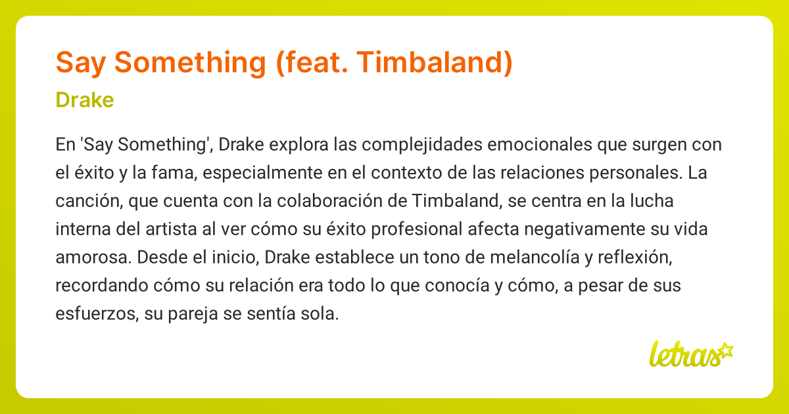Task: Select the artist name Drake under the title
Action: click(85, 100)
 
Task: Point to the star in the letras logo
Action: click(725, 350)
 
